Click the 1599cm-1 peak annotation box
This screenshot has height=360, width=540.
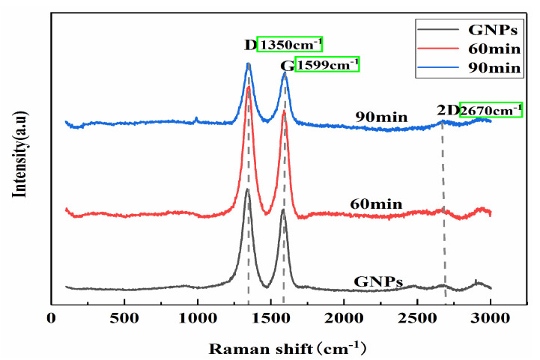[x=327, y=65]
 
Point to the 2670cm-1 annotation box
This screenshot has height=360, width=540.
[x=491, y=110]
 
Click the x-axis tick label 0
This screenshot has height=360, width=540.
[x=51, y=317]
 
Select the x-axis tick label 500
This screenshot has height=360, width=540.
[x=124, y=317]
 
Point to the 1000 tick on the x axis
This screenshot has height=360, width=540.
[x=198, y=317]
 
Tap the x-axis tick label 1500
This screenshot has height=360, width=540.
[x=271, y=317]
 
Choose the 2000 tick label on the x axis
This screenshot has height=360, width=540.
[x=345, y=317]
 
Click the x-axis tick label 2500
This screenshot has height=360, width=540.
[x=418, y=317]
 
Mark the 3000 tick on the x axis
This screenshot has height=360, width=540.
[x=491, y=317]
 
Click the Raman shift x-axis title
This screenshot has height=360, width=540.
[x=288, y=347]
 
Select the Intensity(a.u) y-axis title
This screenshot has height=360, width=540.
[x=19, y=154]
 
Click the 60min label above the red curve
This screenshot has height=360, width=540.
[x=376, y=204]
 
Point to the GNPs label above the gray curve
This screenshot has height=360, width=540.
[x=379, y=282]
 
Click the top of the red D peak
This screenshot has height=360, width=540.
[x=249, y=88]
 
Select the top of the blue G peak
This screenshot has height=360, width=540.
[x=285, y=73]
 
